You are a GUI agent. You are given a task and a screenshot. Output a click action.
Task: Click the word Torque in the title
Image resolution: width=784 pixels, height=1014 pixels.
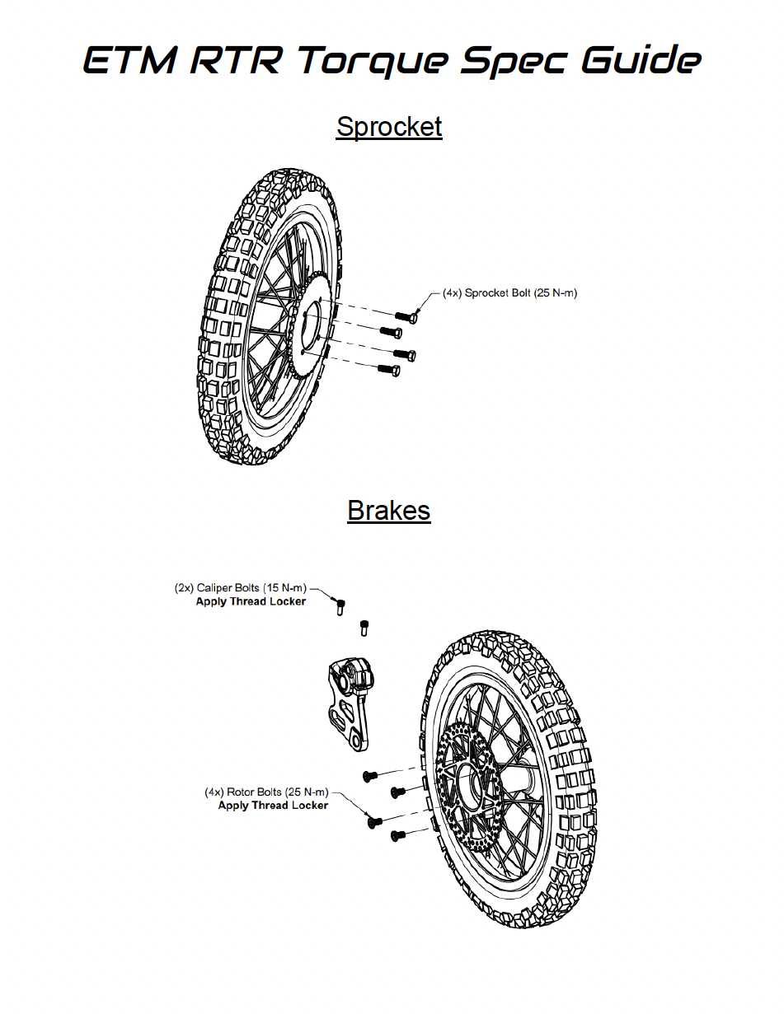coord(373,61)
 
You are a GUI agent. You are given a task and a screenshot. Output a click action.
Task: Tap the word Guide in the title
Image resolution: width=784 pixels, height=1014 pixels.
coord(641,58)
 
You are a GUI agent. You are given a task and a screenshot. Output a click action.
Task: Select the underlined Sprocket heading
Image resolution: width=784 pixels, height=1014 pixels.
coord(389,127)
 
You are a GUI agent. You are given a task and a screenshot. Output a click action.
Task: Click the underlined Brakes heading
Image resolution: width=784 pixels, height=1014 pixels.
coord(389,511)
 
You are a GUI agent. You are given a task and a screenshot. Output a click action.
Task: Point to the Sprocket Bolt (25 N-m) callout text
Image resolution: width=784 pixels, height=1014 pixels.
coord(510,293)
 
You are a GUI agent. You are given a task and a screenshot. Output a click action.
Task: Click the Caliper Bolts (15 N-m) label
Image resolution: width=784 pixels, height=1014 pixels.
coord(241,588)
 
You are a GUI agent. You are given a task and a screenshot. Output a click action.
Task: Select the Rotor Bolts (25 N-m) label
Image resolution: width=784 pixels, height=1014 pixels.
coord(266,792)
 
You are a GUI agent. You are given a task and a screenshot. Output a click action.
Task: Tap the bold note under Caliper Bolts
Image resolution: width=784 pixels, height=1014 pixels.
coord(251,601)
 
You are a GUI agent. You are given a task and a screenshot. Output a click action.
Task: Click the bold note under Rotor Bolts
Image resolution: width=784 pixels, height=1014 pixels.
coord(273,806)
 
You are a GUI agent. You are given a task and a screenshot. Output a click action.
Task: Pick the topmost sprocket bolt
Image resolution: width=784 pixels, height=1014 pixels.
coord(406,317)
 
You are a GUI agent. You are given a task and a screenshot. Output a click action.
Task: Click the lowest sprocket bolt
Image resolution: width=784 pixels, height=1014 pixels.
coord(388,370)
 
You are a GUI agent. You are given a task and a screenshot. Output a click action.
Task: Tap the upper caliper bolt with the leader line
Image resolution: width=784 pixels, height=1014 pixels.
coord(340,607)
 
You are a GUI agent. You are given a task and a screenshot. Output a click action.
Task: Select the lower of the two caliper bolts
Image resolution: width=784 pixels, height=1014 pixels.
coord(364,628)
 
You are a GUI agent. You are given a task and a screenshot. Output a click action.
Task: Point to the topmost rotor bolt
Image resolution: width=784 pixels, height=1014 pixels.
coord(370,776)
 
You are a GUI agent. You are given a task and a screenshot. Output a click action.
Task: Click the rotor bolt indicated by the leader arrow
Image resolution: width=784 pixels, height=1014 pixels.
coord(374,822)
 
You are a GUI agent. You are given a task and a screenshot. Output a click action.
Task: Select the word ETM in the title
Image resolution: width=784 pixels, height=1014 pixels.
coord(131,60)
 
